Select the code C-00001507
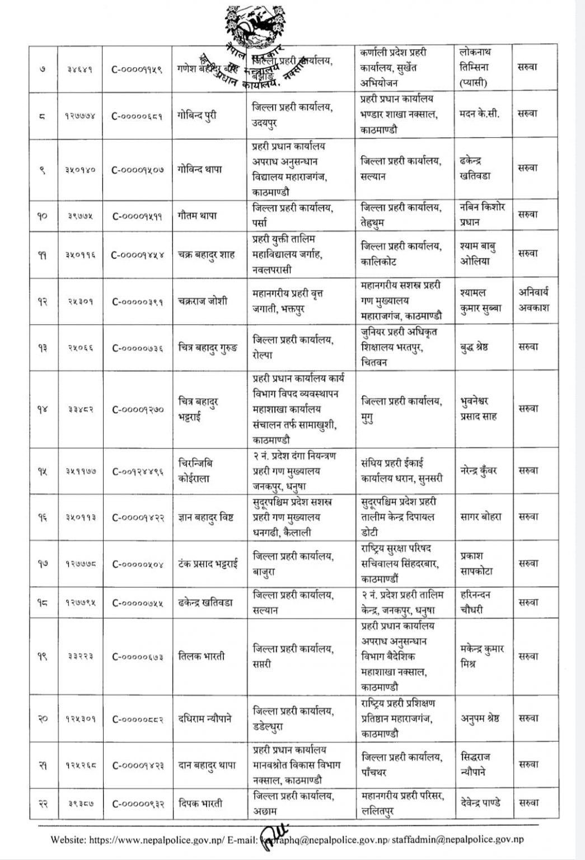pos(138,170)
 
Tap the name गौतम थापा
pos(198,216)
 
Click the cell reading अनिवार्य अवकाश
pos(534,300)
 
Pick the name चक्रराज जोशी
pos(203,301)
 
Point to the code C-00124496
pos(138,471)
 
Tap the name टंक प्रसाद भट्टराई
pos(208,564)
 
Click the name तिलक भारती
pos(202,656)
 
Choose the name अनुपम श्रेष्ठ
pos(480,718)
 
